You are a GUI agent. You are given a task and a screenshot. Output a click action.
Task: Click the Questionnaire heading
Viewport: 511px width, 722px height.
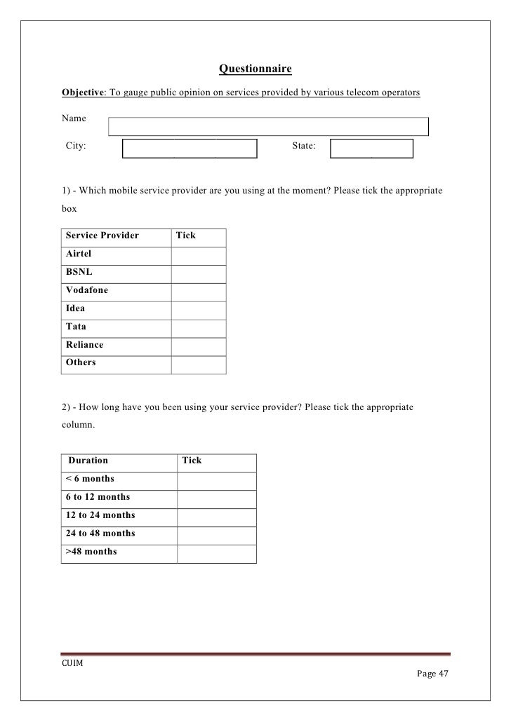(255, 69)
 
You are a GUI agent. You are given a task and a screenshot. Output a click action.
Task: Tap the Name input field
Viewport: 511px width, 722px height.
(268, 126)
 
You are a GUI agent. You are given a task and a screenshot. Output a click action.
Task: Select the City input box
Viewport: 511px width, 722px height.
(190, 149)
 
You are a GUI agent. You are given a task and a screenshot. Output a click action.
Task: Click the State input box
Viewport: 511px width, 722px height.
(371, 149)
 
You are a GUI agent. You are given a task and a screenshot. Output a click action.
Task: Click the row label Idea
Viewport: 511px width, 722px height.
(75, 308)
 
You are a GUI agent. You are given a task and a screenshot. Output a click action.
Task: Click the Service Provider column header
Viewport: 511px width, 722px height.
(102, 236)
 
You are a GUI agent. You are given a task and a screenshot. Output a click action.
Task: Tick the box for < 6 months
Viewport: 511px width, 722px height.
(216, 480)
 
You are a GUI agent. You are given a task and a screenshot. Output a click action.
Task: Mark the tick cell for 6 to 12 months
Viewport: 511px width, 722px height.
(216, 498)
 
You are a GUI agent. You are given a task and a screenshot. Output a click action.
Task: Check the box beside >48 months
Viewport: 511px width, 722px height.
(216, 553)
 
